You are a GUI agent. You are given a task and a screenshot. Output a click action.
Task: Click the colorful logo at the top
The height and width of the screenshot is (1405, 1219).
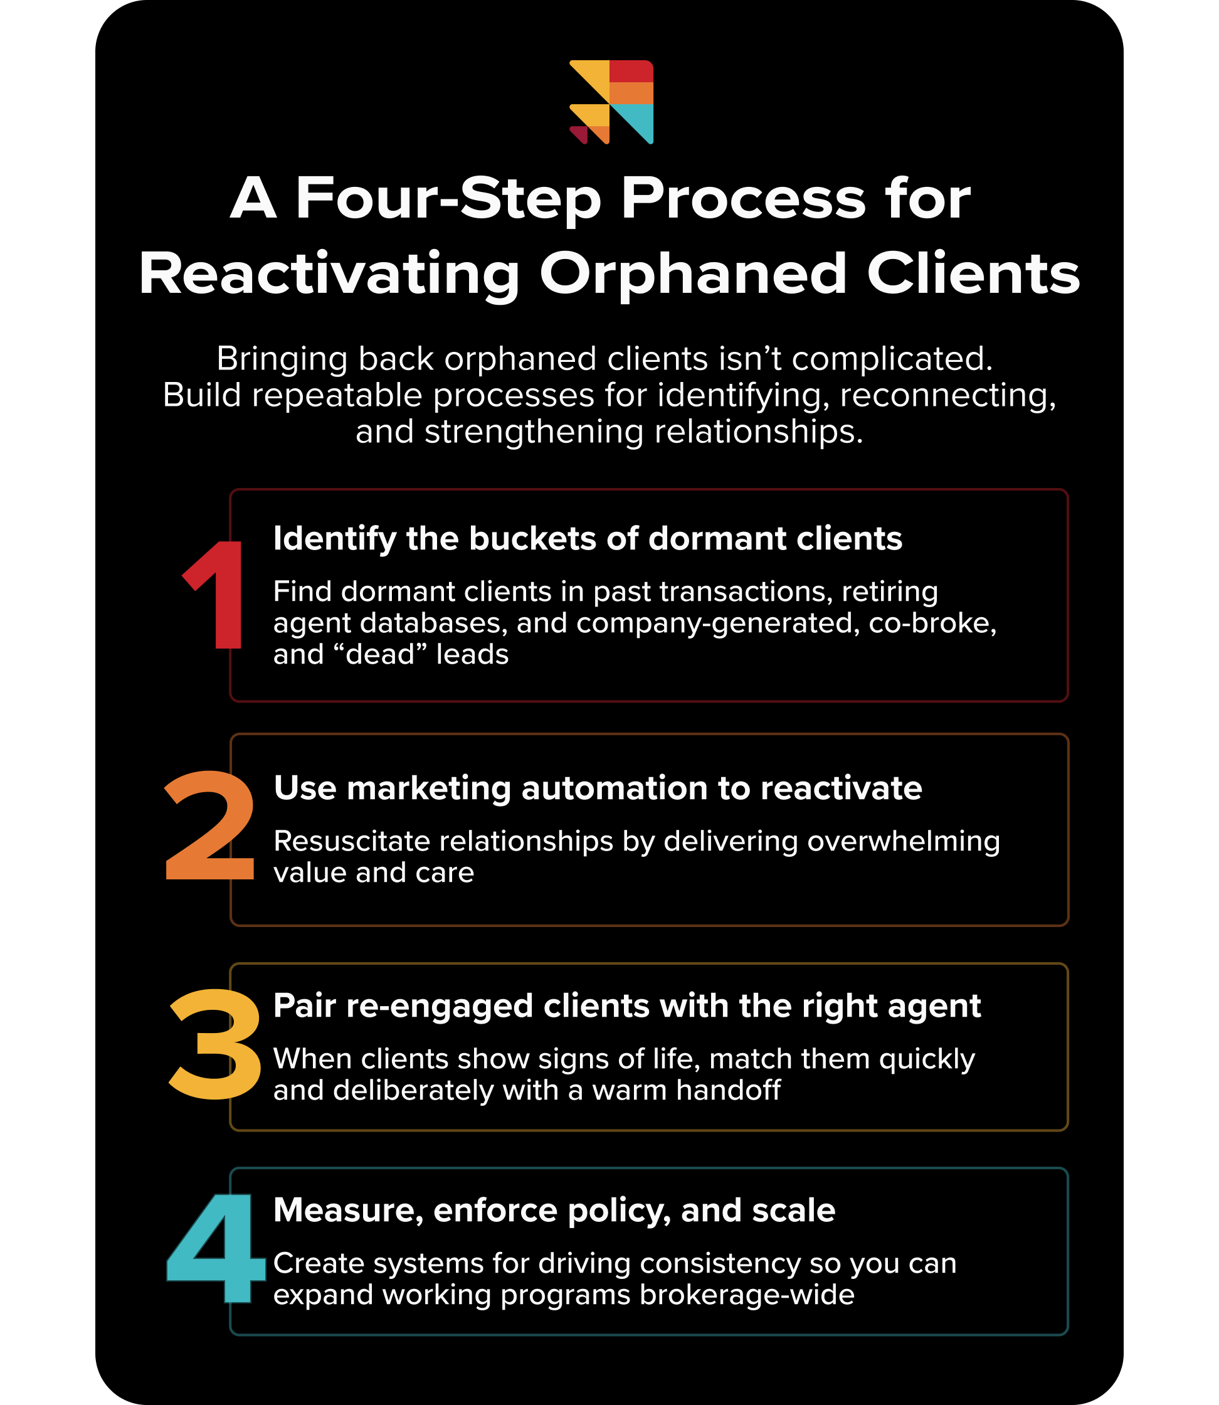tap(611, 102)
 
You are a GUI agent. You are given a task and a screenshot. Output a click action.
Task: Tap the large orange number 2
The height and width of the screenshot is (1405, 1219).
tap(209, 826)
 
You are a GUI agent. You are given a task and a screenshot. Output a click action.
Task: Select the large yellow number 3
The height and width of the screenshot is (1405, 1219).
tap(215, 1044)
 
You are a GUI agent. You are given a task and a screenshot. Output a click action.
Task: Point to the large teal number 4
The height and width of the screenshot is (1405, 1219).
tap(215, 1249)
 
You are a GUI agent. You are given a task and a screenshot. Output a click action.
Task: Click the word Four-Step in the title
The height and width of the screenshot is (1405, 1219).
tap(448, 199)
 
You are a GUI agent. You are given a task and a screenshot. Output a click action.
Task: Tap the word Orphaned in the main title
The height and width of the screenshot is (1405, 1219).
tap(693, 274)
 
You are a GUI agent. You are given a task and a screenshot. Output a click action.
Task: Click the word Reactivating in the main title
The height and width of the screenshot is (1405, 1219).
tap(329, 274)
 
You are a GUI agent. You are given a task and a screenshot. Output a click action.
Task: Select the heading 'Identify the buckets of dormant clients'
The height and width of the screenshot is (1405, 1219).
tap(588, 539)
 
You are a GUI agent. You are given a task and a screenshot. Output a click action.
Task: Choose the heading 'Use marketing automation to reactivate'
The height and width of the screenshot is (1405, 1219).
tap(597, 788)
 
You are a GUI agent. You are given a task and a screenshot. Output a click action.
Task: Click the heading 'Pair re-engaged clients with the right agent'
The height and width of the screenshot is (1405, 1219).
tap(626, 1005)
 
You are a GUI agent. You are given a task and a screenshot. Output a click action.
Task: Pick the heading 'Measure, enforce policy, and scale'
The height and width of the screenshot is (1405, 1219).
tap(554, 1211)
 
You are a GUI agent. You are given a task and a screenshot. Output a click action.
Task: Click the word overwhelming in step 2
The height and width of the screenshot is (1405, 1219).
tap(904, 842)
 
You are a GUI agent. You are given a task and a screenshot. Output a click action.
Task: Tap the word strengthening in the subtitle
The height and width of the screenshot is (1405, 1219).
tap(532, 432)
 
